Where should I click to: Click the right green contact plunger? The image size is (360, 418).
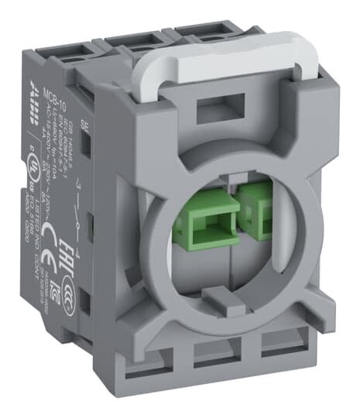(249, 218)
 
